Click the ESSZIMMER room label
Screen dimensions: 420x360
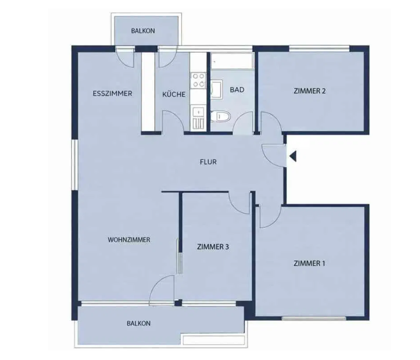[x=112, y=94]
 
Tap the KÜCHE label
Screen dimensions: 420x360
[x=174, y=94]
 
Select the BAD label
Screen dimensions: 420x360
[x=237, y=90]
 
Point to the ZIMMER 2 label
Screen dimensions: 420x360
[x=310, y=91]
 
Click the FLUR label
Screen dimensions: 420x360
[x=208, y=162]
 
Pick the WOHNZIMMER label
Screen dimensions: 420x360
[x=129, y=239]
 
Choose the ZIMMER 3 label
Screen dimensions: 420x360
[x=213, y=247]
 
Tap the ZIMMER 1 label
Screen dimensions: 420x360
[x=309, y=263]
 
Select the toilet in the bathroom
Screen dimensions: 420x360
[x=220, y=116]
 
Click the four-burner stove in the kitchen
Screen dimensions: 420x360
[x=198, y=80]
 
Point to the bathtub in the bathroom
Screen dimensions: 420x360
[x=232, y=61]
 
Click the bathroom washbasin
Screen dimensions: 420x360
[x=216, y=89]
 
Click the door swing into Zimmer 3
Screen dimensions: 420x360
[x=239, y=203]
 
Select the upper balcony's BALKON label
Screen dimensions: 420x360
[x=143, y=31]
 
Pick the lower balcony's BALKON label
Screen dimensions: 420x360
[x=139, y=323]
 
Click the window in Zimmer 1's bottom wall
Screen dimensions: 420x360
[x=314, y=318]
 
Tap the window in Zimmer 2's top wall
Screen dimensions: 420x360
[x=319, y=48]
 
